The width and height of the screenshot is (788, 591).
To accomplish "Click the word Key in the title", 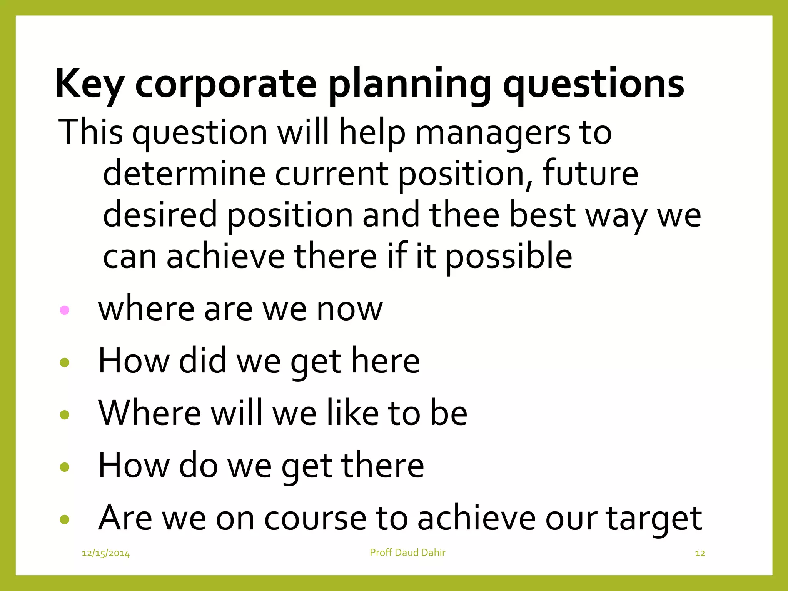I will click(x=89, y=84).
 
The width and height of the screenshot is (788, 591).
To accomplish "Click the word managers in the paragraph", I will click(x=492, y=133).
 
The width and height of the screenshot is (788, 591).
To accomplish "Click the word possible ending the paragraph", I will click(x=509, y=257).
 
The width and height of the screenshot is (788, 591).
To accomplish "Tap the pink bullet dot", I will click(x=65, y=310).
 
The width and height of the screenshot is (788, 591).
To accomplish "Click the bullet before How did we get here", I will click(x=65, y=362).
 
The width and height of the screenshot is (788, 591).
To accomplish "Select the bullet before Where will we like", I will click(x=65, y=415).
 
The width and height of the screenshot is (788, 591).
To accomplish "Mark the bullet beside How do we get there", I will click(x=65, y=467).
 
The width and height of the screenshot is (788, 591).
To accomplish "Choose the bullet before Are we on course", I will click(x=65, y=520).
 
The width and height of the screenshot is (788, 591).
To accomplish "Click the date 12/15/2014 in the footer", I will click(x=106, y=554).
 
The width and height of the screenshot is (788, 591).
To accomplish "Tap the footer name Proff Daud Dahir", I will click(x=407, y=553).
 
